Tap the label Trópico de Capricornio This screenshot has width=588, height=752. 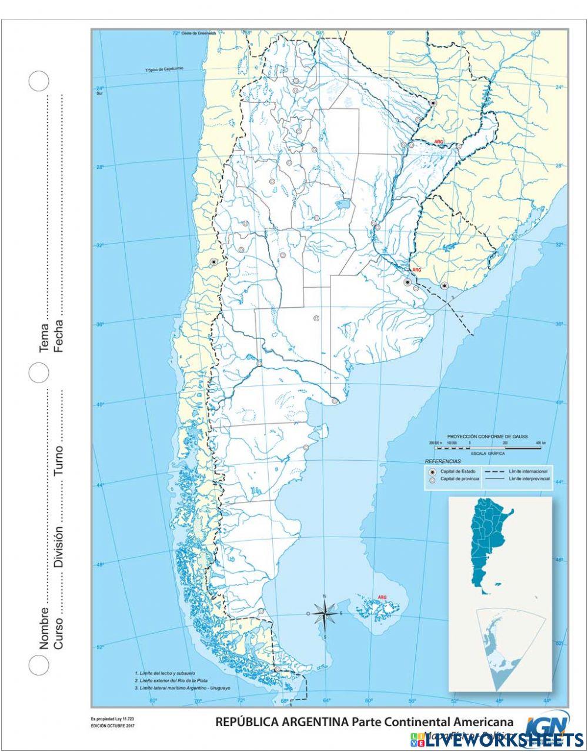coord(165,69)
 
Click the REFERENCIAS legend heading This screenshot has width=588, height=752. coord(443,462)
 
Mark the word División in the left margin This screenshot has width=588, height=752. coord(59,547)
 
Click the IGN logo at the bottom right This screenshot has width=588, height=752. coord(547,723)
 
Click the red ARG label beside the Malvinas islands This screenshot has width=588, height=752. coord(382,597)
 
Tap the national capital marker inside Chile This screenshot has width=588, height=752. coord(213,261)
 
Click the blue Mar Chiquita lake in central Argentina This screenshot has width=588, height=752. coord(343,205)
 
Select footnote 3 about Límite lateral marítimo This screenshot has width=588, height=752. coord(182,687)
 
